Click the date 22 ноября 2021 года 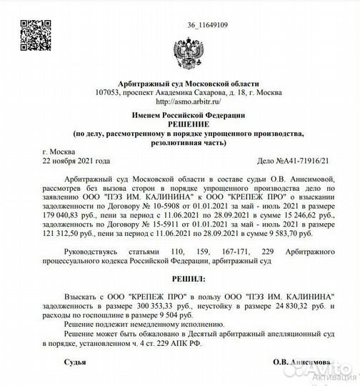click(76, 162)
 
